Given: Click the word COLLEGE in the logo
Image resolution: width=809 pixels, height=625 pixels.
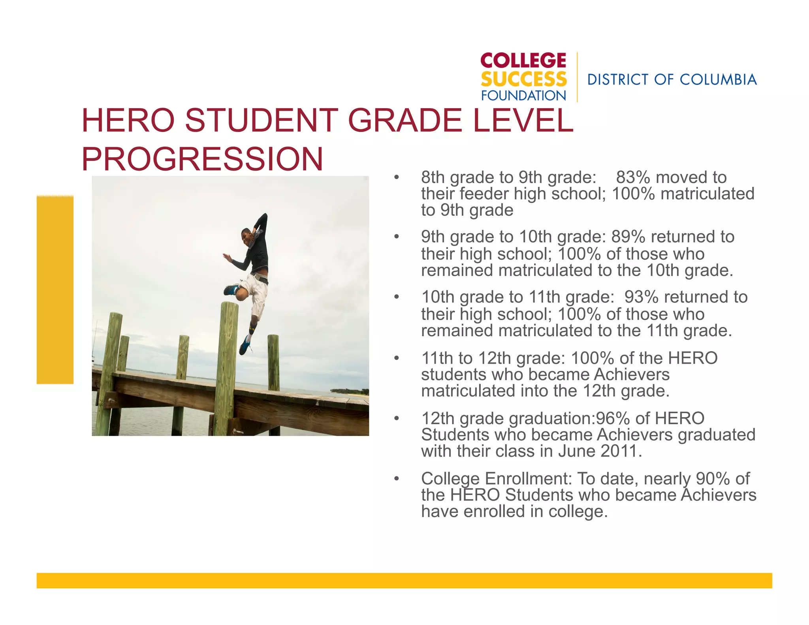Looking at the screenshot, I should (523, 61).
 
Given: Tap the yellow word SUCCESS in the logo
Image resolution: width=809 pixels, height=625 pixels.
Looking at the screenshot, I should (523, 79).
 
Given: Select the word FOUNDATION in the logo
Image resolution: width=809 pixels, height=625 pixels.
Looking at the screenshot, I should (523, 96).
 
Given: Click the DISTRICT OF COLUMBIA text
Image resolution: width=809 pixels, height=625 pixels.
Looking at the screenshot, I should (672, 80).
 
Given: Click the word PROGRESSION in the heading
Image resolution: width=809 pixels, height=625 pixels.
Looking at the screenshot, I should (202, 159).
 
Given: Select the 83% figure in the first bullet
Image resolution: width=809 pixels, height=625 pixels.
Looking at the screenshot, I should (632, 177).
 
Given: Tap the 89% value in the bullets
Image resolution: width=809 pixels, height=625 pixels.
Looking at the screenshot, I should (628, 237).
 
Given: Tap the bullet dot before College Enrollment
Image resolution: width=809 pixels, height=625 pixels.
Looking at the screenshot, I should (397, 479).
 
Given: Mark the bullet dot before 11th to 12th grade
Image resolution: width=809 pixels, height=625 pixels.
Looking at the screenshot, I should (397, 358).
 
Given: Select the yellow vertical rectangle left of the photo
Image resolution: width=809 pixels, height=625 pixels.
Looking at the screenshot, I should (55, 290).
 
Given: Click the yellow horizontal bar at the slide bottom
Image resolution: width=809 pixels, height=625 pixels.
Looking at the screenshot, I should (404, 580).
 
